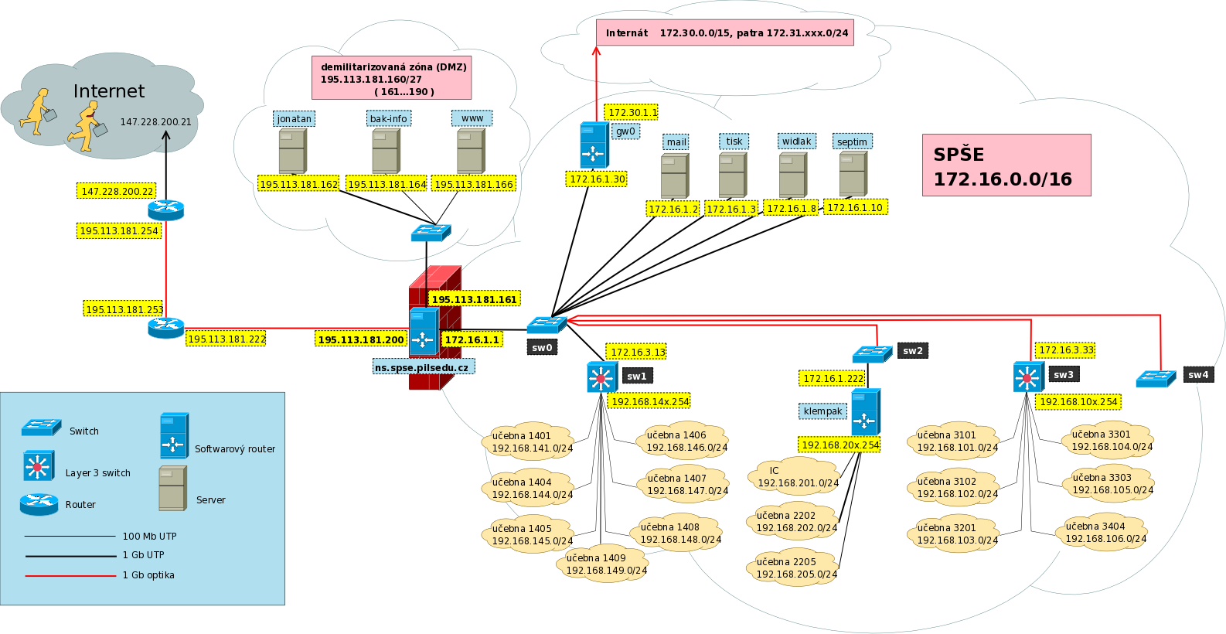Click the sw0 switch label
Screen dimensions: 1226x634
[543, 347]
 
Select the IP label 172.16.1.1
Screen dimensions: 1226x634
[472, 340]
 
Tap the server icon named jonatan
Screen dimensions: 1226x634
[293, 151]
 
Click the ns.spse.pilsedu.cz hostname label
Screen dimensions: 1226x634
[424, 366]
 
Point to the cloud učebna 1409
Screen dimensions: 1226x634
[602, 564]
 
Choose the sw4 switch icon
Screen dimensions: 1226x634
[1156, 379]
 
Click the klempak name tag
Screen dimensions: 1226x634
[822, 411]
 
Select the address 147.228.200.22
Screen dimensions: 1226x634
[117, 191]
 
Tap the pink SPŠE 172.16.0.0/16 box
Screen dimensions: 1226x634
[1006, 165]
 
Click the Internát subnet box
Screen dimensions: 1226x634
[724, 32]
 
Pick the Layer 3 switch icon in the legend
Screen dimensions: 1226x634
[39, 466]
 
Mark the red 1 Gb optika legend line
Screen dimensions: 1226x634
[70, 575]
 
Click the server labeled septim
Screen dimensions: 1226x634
[853, 174]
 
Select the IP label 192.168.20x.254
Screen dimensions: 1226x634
[839, 445]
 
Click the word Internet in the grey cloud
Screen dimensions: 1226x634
[109, 91]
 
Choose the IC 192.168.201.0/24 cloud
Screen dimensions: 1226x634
[795, 476]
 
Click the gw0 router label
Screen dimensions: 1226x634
[625, 131]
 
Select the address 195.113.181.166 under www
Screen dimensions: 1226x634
[473, 184]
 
